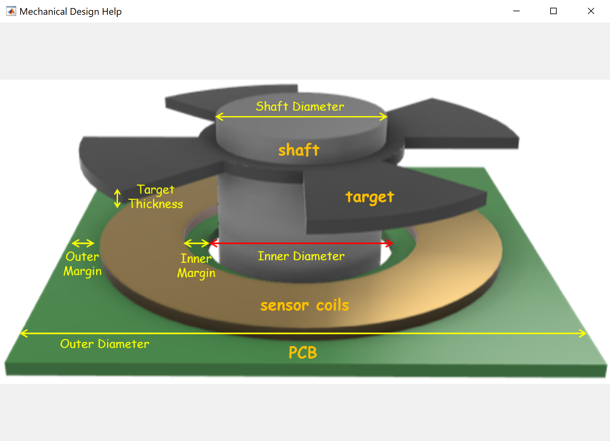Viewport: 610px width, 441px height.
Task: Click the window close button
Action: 591,11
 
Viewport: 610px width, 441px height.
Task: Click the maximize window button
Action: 553,11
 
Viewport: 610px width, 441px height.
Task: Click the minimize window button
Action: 516,11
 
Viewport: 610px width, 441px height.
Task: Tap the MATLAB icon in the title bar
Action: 11,12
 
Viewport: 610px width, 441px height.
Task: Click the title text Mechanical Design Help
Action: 70,12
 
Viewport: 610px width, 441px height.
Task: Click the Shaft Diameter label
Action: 300,106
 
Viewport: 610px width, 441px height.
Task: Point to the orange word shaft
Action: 299,150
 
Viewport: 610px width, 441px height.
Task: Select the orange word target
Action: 370,197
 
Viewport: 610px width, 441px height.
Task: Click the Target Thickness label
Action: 156,197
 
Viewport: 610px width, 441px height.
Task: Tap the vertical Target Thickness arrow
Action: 117,198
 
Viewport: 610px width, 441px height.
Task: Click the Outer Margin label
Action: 83,264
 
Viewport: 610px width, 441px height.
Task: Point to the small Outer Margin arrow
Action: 83,243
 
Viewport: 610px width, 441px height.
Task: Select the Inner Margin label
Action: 196,266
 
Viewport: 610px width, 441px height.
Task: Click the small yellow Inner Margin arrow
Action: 196,243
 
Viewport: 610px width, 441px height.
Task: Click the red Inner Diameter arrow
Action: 301,243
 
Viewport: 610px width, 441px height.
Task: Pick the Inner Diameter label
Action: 301,256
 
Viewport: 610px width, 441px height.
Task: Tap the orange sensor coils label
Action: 304,305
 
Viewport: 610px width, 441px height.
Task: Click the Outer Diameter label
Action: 104,344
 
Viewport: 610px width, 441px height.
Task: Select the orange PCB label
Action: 302,353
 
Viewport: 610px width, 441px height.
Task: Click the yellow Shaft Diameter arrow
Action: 301,116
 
